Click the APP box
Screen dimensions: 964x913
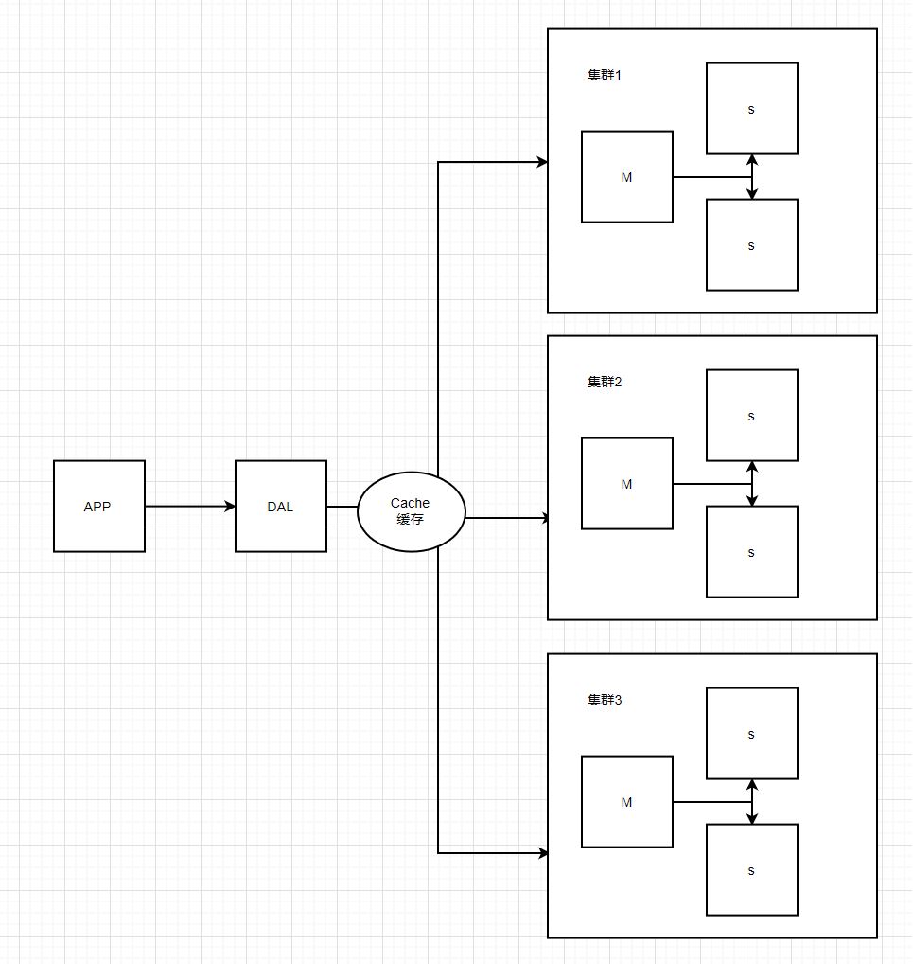point(98,507)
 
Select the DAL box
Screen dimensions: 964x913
point(280,507)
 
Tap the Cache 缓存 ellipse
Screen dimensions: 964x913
point(411,511)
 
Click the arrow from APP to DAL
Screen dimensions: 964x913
point(189,507)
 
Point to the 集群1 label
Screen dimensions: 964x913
point(604,76)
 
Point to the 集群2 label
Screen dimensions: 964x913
point(604,383)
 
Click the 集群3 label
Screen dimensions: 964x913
point(604,701)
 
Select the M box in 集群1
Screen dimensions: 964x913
point(626,177)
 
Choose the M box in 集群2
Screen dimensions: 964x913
point(626,484)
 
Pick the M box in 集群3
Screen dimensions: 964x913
point(626,802)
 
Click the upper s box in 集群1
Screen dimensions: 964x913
point(751,109)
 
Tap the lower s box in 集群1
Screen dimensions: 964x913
point(751,245)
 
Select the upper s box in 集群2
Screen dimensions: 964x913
point(751,416)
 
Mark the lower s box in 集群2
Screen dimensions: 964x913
point(751,552)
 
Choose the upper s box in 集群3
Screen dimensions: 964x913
point(751,734)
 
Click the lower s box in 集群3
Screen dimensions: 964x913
point(751,870)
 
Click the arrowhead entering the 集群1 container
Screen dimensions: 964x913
point(542,162)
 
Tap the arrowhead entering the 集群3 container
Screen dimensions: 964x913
point(542,853)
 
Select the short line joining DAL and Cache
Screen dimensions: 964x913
point(342,507)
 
